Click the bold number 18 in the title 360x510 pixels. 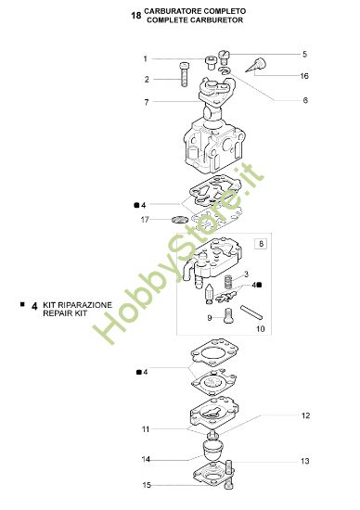[x=137, y=16]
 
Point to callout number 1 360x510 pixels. [x=145, y=59]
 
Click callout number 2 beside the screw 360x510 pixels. [x=145, y=80]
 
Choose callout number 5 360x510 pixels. [x=304, y=55]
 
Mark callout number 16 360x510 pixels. [x=304, y=76]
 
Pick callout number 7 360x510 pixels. [x=145, y=101]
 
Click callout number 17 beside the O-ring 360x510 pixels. [x=145, y=220]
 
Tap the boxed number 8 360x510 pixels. [x=261, y=244]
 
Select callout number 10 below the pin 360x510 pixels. [x=260, y=329]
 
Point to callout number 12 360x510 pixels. [x=304, y=416]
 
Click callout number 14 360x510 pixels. [x=145, y=459]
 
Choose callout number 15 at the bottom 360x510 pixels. [x=145, y=485]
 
